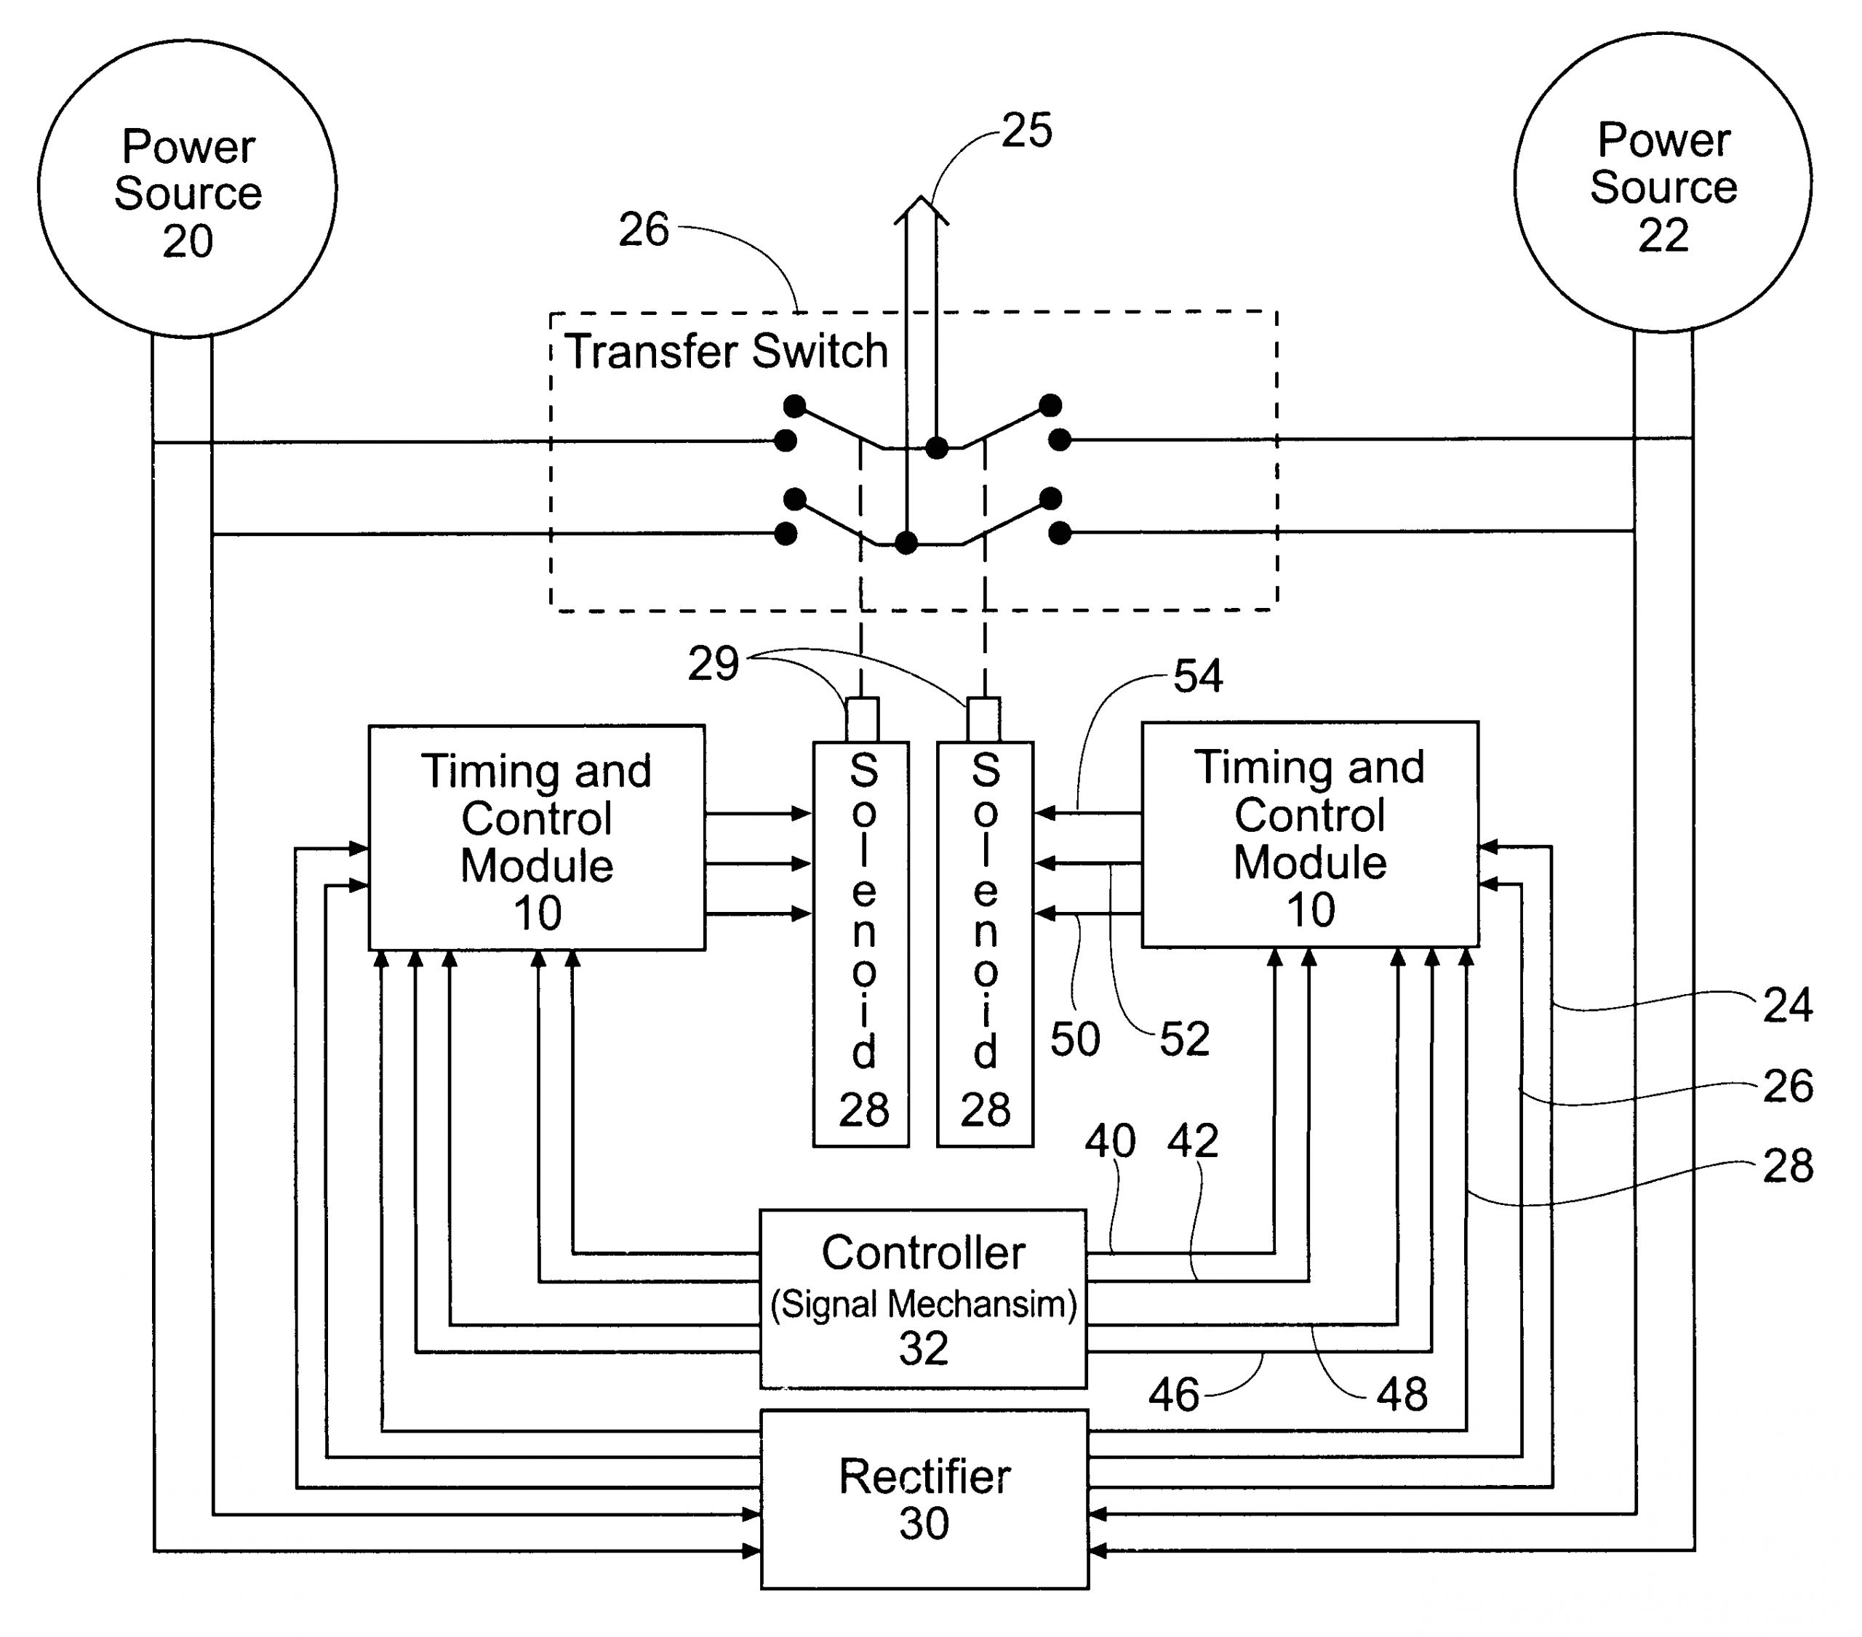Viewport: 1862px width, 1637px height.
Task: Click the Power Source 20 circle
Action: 187,188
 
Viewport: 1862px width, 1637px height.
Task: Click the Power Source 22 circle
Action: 1663,183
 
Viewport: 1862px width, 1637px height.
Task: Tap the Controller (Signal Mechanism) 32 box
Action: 923,1299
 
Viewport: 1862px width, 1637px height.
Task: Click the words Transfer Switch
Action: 726,352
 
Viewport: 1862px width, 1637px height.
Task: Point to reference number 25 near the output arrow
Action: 1027,130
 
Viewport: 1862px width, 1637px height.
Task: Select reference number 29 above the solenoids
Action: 712,664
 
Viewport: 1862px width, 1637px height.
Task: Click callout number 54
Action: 1197,676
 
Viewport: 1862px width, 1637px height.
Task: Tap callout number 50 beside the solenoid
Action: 1075,1039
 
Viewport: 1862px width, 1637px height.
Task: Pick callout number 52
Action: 1184,1039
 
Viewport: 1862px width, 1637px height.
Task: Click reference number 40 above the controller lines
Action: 1109,1142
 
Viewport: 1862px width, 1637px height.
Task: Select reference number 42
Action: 1192,1142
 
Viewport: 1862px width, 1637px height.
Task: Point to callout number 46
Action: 1173,1395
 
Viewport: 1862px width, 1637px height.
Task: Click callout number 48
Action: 1401,1395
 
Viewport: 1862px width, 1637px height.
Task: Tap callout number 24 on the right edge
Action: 1787,1006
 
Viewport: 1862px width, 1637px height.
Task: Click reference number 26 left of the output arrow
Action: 643,230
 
